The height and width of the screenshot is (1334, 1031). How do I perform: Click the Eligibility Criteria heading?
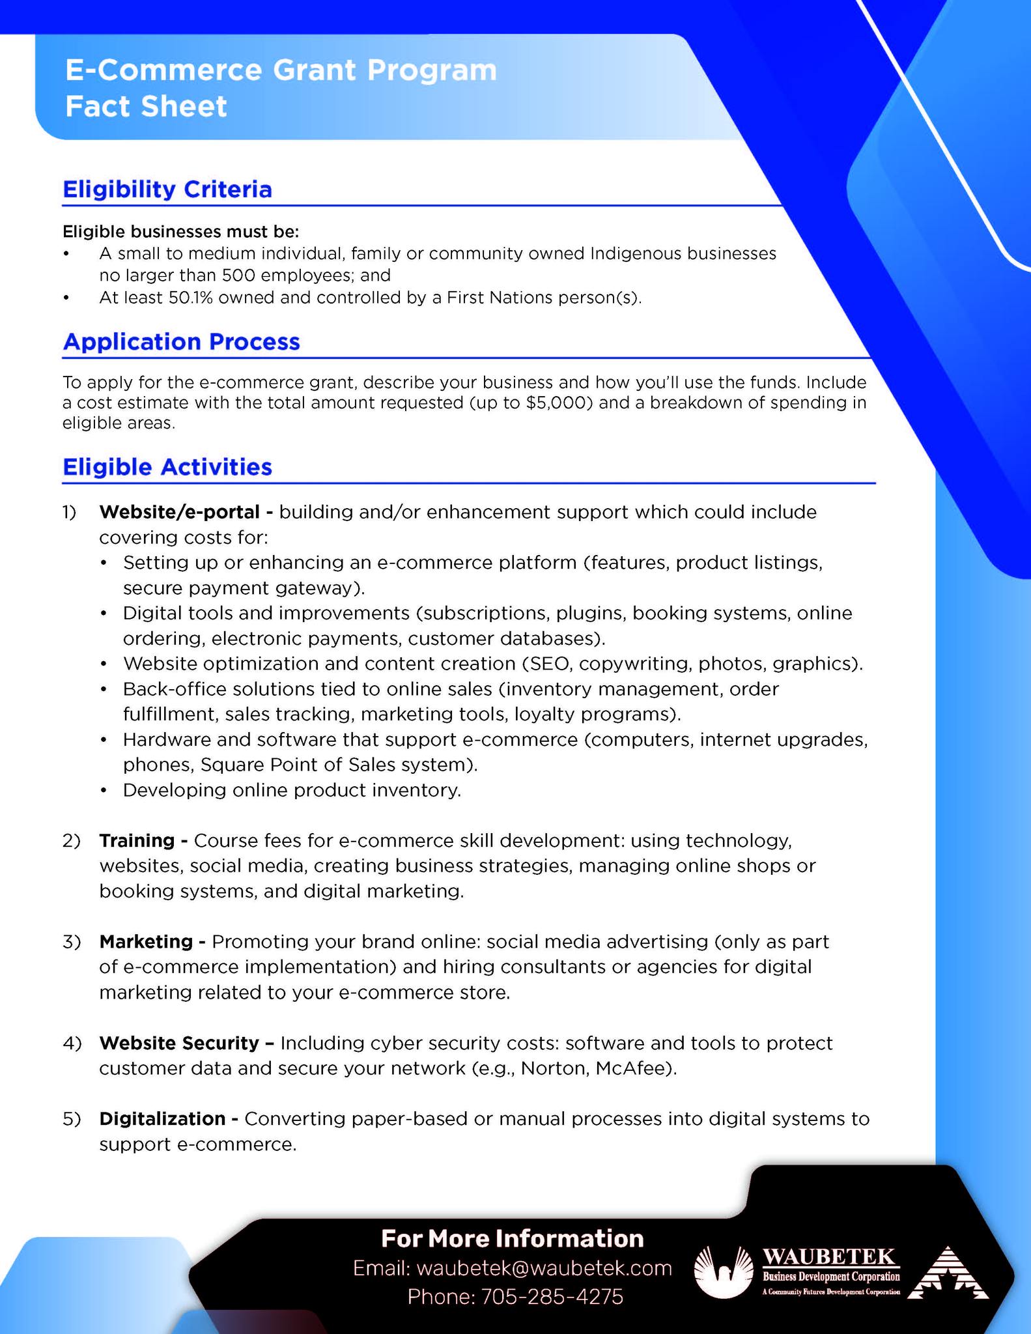(167, 190)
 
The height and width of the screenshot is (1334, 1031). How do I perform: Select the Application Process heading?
(181, 342)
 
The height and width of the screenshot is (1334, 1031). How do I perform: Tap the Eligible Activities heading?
(167, 467)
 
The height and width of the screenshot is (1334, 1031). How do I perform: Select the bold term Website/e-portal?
(180, 512)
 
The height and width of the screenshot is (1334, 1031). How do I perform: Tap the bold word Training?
(137, 841)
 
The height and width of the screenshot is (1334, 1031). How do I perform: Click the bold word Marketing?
(146, 942)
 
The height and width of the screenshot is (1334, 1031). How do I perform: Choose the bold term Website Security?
(179, 1043)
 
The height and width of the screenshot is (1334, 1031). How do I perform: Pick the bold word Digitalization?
(162, 1119)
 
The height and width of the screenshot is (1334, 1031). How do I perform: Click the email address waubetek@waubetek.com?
(543, 1268)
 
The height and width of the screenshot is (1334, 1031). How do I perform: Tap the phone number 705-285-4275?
(552, 1296)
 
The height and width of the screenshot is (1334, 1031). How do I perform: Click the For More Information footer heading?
(512, 1238)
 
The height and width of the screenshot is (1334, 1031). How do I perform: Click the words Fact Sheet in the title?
(146, 107)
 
